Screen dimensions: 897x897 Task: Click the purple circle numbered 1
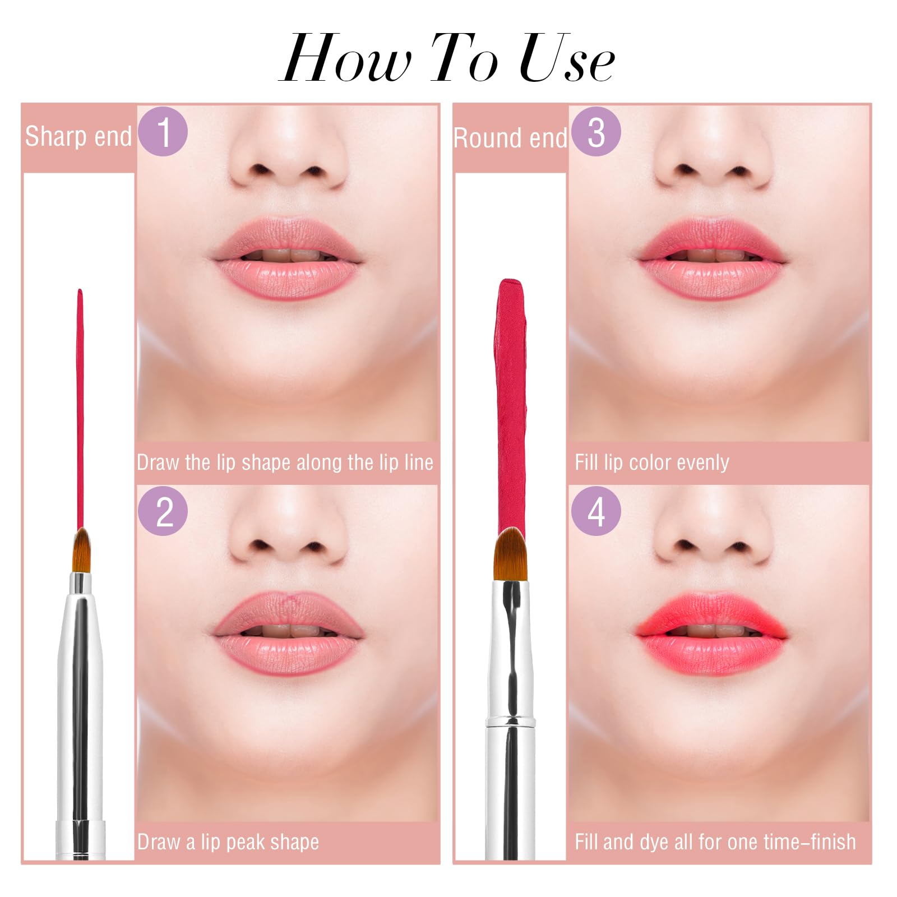[163, 131]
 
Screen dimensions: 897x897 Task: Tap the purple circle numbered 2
[163, 511]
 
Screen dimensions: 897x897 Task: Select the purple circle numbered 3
[596, 131]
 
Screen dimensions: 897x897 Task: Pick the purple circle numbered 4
[596, 511]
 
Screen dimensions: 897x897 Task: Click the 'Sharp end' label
[78, 136]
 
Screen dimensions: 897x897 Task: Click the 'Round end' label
[510, 138]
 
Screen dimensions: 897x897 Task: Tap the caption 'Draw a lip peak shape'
[228, 842]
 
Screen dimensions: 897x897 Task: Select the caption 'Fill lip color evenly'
[651, 463]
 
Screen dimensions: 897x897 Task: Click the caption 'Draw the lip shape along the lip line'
[285, 463]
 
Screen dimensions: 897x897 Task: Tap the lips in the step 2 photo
[287, 634]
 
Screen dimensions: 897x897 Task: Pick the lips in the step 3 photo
[711, 258]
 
